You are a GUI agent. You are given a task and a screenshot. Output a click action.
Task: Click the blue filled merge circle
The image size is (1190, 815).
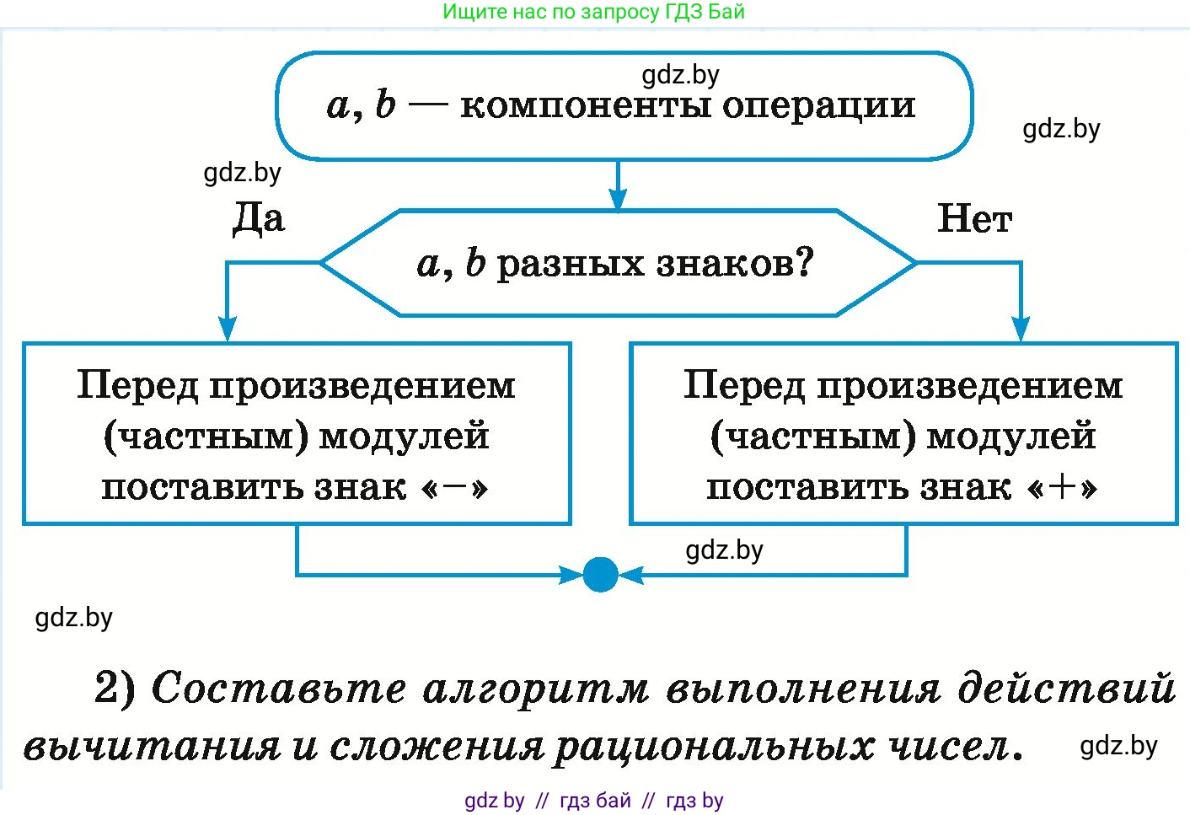click(600, 575)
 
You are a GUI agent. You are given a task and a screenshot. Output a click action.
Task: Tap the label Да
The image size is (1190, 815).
click(258, 218)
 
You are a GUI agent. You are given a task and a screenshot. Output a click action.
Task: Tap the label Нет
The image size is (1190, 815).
click(974, 219)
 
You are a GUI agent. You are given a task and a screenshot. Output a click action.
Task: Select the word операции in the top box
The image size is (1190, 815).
click(818, 106)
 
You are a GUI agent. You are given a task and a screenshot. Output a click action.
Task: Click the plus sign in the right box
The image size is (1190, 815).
click(1063, 487)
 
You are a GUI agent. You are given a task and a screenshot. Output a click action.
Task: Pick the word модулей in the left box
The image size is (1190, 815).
click(404, 437)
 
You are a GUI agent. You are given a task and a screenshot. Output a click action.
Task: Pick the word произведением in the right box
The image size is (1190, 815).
click(969, 386)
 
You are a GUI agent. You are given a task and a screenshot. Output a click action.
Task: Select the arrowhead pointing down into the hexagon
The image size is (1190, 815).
click(618, 200)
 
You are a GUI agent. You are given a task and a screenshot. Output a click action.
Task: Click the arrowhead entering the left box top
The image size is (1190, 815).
click(228, 329)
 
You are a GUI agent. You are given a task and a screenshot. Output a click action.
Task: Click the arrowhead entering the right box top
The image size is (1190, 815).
click(1021, 329)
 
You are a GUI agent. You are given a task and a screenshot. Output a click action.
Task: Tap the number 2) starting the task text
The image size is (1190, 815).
click(115, 688)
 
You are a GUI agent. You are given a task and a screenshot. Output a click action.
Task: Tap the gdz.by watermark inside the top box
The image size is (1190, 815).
click(680, 75)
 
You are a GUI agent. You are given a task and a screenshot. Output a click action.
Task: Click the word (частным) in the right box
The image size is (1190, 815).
click(812, 437)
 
